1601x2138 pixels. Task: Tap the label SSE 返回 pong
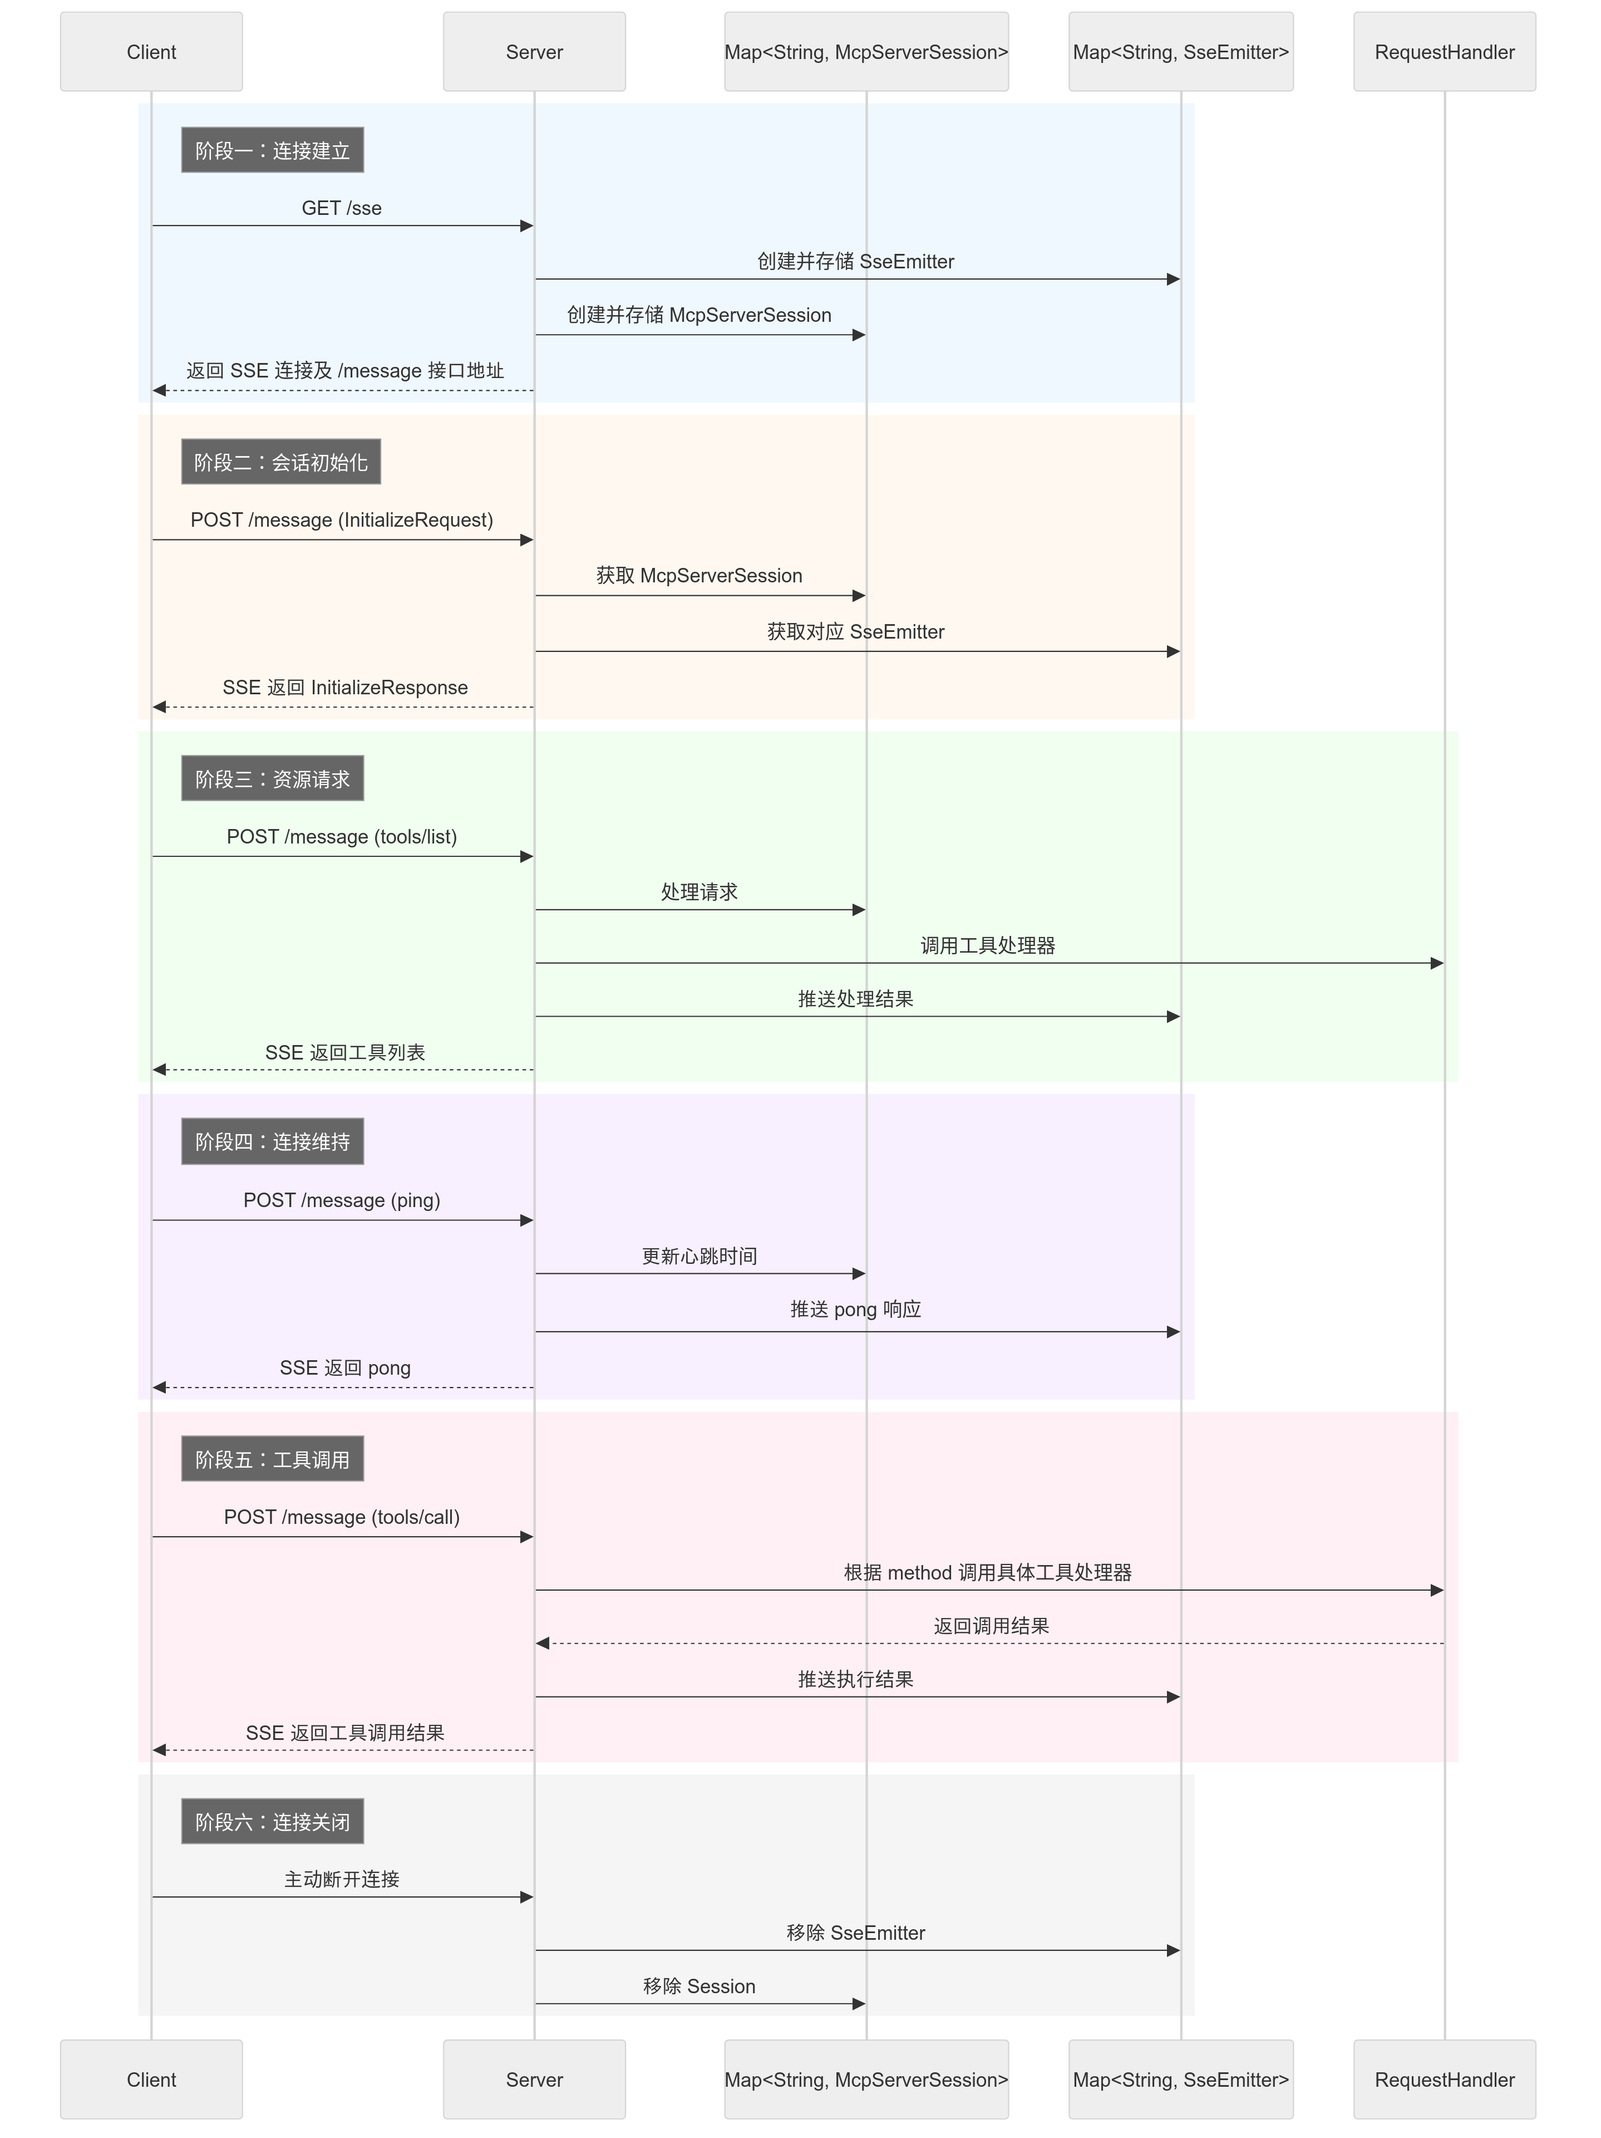tap(345, 1367)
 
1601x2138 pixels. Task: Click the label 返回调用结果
tap(991, 1626)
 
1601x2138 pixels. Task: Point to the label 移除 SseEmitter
tap(855, 1933)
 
